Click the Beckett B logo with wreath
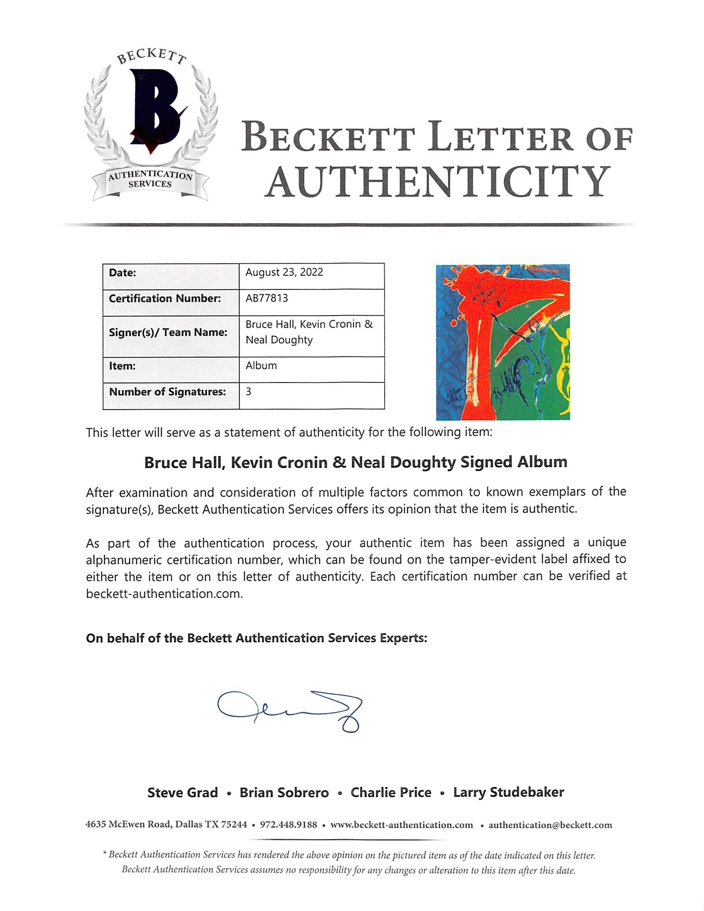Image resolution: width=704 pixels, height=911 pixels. [150, 125]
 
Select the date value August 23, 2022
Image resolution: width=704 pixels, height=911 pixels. [284, 272]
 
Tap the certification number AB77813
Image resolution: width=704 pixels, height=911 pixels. [267, 298]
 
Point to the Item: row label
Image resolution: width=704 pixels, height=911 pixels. [122, 366]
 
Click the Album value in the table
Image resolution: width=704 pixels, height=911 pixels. [261, 366]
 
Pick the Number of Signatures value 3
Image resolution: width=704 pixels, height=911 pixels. [249, 392]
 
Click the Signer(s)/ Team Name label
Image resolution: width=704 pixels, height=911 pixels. [168, 333]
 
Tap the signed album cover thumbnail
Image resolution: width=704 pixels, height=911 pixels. [503, 342]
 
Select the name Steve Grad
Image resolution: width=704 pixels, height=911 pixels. [183, 792]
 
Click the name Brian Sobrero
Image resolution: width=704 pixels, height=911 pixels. [284, 792]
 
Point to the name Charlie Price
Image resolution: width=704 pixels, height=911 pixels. [391, 792]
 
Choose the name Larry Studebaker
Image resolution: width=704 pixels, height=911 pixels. [509, 792]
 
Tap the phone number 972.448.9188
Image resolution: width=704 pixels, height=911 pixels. [288, 825]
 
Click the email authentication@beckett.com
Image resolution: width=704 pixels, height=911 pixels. [550, 825]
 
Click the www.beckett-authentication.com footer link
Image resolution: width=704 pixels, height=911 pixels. [402, 825]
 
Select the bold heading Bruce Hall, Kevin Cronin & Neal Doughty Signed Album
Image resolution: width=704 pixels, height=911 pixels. [356, 463]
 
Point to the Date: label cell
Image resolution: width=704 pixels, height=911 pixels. [122, 273]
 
